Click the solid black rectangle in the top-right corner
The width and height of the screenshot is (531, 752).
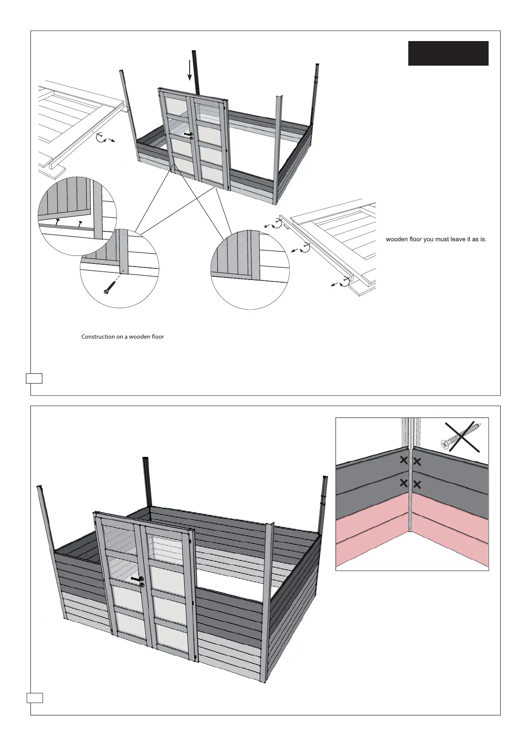pos(448,53)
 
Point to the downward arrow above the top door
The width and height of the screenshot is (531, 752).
pos(190,70)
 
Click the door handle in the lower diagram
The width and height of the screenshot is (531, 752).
pos(138,579)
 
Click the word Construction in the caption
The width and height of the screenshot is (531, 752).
pos(98,337)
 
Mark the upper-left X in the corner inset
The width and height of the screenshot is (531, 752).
pos(403,460)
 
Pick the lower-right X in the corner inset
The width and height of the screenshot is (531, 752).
pos(418,484)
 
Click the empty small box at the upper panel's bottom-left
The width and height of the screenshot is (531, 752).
pos(34,378)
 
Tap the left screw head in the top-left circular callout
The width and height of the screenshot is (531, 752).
pos(58,221)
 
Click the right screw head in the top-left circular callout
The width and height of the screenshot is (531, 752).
pos(80,223)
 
